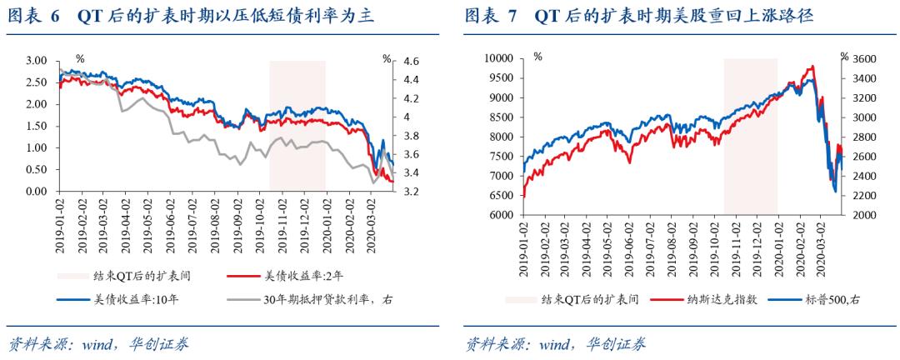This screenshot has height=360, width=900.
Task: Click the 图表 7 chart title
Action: point(638,16)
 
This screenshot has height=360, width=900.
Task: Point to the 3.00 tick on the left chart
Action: point(37,62)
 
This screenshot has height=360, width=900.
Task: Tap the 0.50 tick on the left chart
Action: point(37,170)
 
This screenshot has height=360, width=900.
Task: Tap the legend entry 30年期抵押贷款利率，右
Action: point(327,300)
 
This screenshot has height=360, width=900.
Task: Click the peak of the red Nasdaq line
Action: point(811,67)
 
